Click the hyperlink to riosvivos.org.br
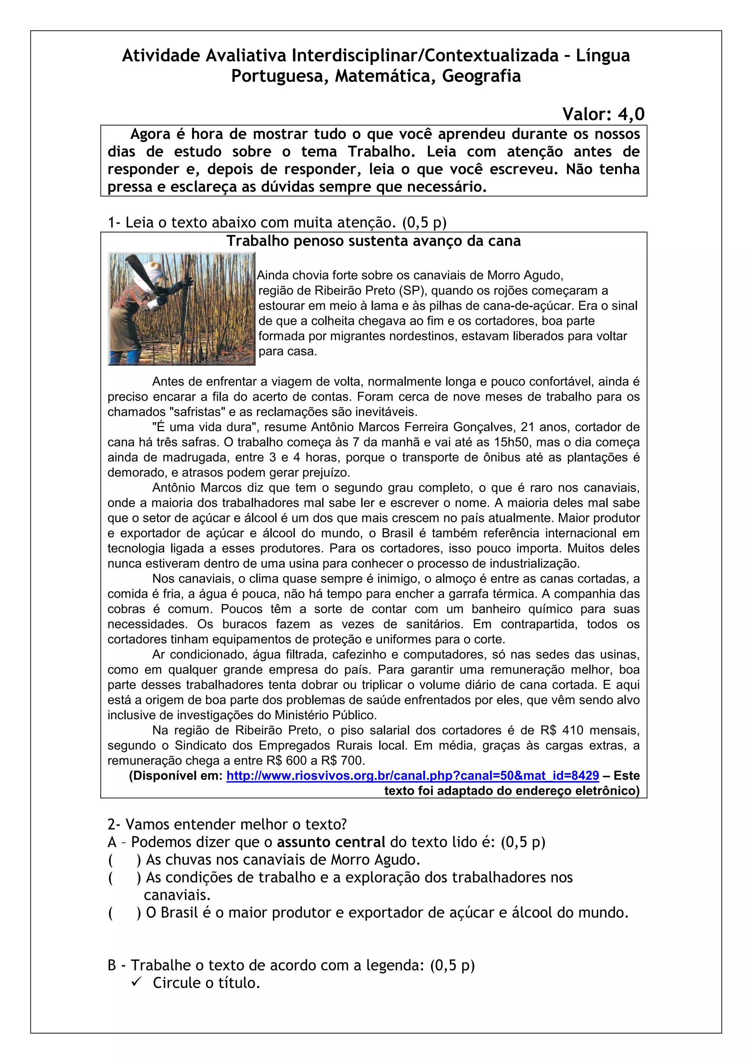click(x=412, y=775)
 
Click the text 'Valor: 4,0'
click(x=603, y=113)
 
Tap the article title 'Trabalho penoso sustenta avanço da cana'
click(x=373, y=241)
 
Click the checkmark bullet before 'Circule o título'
click(x=136, y=982)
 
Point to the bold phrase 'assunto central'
click(x=331, y=842)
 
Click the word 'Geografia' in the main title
click(x=481, y=76)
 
